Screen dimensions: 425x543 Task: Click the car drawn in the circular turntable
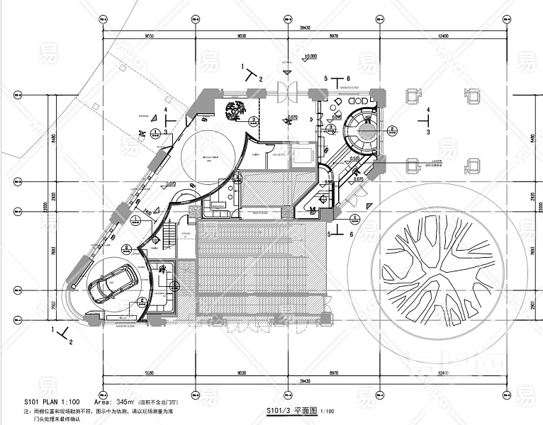[x=114, y=284]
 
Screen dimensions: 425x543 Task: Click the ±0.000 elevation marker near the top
[x=310, y=55]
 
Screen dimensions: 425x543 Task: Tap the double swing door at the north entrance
[x=289, y=92]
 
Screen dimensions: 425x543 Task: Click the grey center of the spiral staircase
[x=368, y=130]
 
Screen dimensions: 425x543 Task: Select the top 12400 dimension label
[x=443, y=35]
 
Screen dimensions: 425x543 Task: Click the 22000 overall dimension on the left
[x=44, y=205]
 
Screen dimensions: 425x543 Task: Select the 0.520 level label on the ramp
[x=354, y=159]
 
